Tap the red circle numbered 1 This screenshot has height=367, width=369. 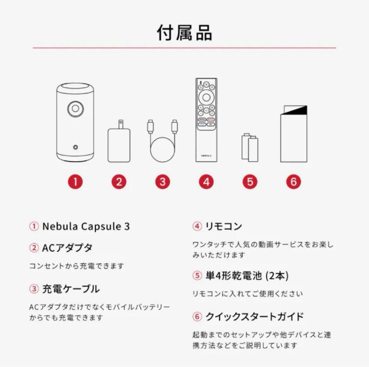point(75,182)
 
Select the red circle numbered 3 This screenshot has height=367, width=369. point(162,182)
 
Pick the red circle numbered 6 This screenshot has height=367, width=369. point(293,182)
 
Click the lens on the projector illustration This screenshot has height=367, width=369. point(75,109)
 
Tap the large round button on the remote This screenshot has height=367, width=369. point(206,97)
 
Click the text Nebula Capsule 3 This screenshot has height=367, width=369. point(86,227)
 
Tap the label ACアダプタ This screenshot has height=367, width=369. point(67,248)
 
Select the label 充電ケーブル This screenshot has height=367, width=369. point(71,289)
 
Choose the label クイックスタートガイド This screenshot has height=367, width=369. point(255,317)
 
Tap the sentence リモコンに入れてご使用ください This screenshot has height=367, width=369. point(247,293)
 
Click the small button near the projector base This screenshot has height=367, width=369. point(75,147)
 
